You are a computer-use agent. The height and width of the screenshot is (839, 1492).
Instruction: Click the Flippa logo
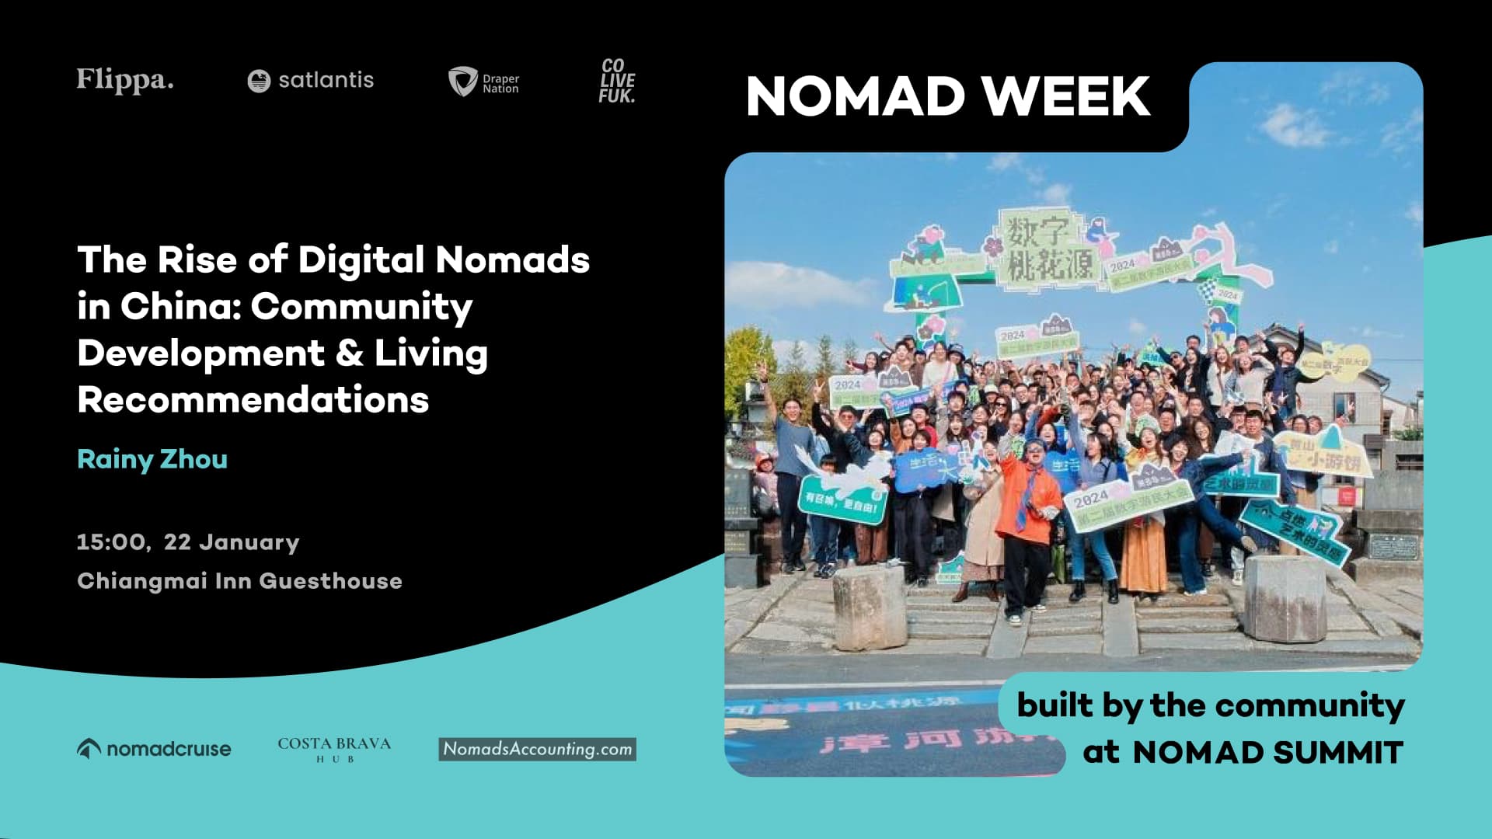[124, 80]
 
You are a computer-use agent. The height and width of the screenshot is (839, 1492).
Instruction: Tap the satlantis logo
[310, 80]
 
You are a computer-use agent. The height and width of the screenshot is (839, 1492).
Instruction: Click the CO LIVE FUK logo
[617, 81]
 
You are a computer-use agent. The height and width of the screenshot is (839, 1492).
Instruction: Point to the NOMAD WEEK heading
[947, 97]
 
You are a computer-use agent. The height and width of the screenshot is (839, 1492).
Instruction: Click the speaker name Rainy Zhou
[152, 459]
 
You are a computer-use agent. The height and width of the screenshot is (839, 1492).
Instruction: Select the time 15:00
[112, 541]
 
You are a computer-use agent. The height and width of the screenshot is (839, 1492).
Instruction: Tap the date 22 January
[232, 541]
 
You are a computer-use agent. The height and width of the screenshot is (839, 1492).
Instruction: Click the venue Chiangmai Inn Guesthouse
[239, 581]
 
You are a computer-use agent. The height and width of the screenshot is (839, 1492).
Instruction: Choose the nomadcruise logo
[154, 749]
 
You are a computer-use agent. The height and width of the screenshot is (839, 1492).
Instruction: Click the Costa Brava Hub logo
[334, 749]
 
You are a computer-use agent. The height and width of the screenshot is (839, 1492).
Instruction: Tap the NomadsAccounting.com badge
[537, 749]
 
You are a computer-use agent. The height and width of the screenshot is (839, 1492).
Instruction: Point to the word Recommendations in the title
[253, 400]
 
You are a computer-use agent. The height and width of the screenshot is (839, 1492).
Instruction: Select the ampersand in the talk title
[350, 353]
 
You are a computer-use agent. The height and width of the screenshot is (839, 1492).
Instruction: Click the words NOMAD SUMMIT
[1267, 753]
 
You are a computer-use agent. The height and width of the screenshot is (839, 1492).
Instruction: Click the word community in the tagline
[1309, 705]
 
